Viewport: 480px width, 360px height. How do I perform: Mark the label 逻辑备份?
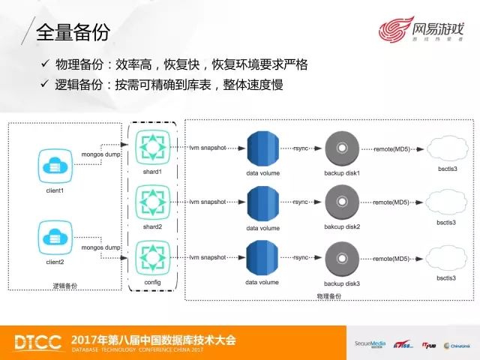point(65,286)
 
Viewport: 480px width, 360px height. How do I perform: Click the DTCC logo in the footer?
point(36,342)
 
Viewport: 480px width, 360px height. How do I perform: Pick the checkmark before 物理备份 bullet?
point(47,65)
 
